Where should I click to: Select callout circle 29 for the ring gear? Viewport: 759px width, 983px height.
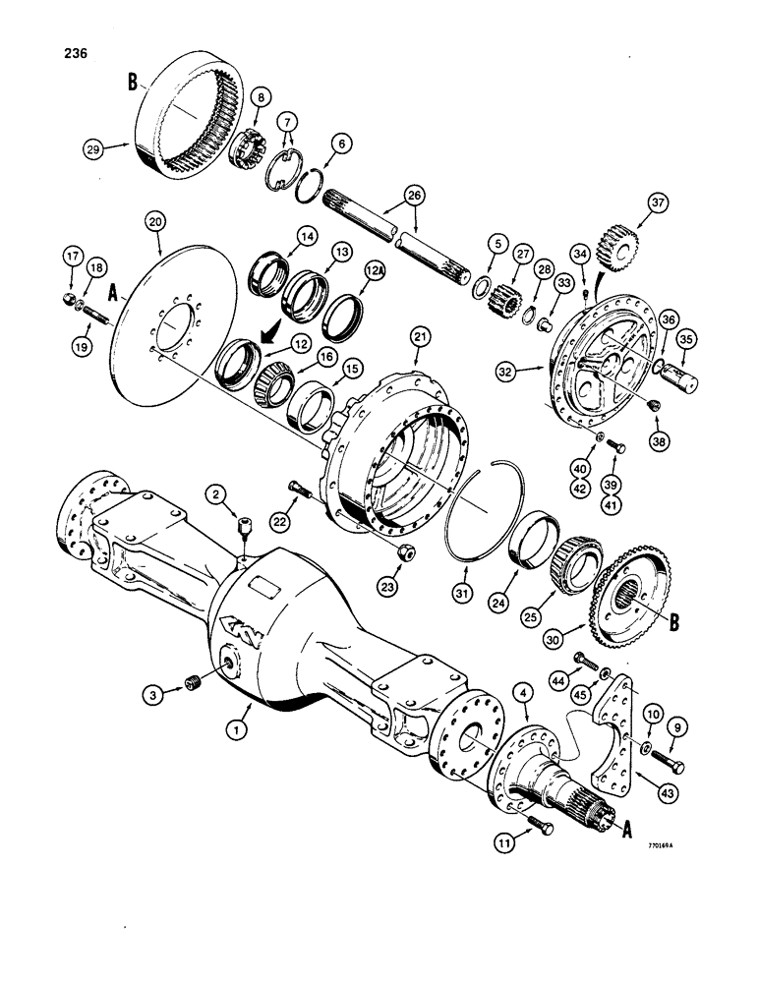point(92,148)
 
